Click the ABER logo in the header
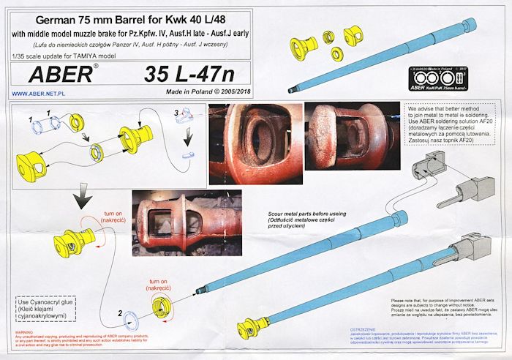tap(61, 75)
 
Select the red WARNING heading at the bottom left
tap(23, 331)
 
